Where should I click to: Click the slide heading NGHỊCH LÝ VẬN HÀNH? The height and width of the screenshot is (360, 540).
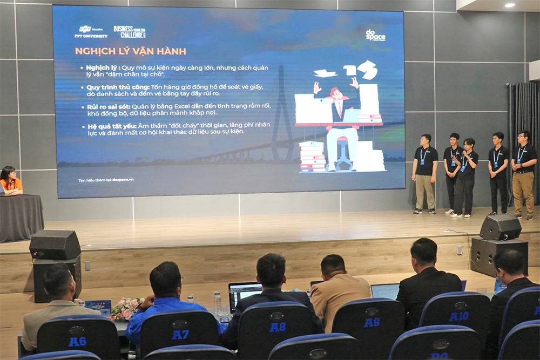click(131, 51)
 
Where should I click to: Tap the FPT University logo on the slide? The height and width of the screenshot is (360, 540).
click(91, 32)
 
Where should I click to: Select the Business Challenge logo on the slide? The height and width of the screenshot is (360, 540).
click(130, 31)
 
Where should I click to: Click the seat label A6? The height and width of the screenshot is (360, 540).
click(77, 341)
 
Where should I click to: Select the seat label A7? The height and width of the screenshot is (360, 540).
click(180, 334)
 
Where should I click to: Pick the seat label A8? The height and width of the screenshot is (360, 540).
click(277, 327)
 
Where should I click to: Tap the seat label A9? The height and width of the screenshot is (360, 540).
click(371, 322)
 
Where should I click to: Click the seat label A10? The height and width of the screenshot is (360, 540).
click(458, 316)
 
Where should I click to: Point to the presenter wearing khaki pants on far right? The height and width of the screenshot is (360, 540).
click(523, 173)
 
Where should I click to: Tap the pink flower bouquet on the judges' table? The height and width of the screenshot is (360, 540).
click(125, 309)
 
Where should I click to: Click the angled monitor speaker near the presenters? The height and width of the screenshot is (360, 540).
click(500, 227)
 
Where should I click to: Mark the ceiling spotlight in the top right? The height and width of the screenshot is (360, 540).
click(509, 5)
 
